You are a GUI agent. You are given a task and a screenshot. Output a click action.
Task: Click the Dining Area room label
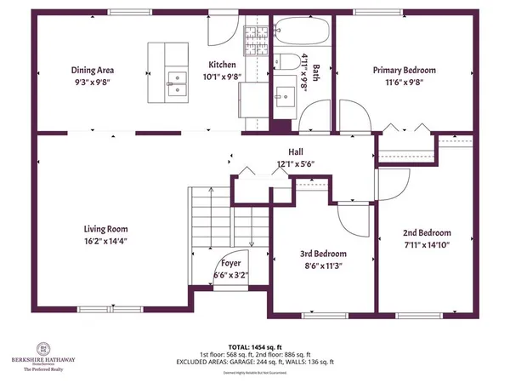coord(93,71)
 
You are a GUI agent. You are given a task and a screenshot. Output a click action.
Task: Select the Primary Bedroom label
coord(404,71)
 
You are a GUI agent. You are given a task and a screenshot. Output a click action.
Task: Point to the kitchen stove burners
coord(256,37)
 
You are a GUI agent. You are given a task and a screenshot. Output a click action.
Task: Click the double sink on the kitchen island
coord(178,83)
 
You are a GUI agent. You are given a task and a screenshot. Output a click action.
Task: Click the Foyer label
coord(231,264)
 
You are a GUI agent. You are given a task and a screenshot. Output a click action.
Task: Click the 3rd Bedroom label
coord(324,254)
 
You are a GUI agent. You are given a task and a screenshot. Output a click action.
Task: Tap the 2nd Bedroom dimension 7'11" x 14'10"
coord(427,244)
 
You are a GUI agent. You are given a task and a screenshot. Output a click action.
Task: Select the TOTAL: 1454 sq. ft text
coord(255,346)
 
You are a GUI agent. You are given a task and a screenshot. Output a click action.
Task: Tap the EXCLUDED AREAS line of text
coord(255,360)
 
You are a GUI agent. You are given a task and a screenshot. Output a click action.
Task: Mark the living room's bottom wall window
coord(106,307)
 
